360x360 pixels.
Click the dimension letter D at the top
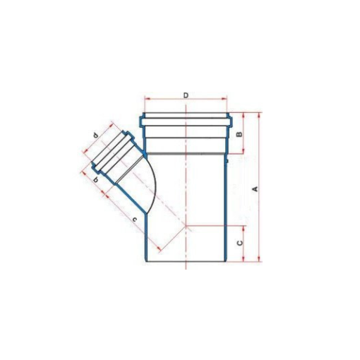coord(186,95)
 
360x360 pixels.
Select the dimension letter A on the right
coord(255,188)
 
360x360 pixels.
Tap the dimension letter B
coord(239,134)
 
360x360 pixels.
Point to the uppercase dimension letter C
coord(239,243)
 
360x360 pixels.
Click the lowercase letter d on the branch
coord(95,136)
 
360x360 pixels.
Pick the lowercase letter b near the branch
coord(95,180)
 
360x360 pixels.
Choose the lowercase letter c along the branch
coord(134,220)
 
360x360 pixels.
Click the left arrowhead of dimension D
coord(146,98)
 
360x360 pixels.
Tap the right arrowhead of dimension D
coord(225,98)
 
